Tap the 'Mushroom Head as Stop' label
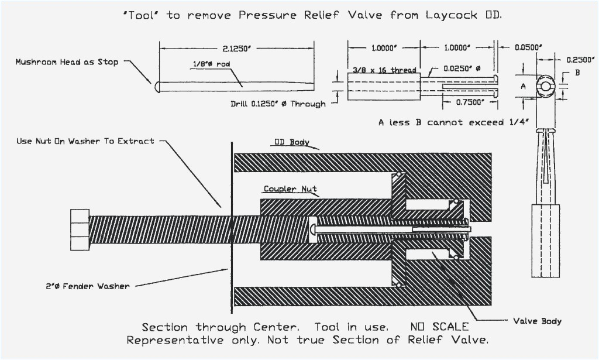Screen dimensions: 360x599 (67, 62)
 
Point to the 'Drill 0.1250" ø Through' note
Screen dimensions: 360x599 (278, 104)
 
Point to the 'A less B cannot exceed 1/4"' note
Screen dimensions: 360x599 (453, 122)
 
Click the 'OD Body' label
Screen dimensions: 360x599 (291, 142)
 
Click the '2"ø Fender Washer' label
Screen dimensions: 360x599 (88, 286)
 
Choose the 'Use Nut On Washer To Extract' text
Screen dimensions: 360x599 (85, 141)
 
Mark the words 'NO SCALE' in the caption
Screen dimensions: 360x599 (432, 327)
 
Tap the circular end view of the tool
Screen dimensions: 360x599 (545, 86)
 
